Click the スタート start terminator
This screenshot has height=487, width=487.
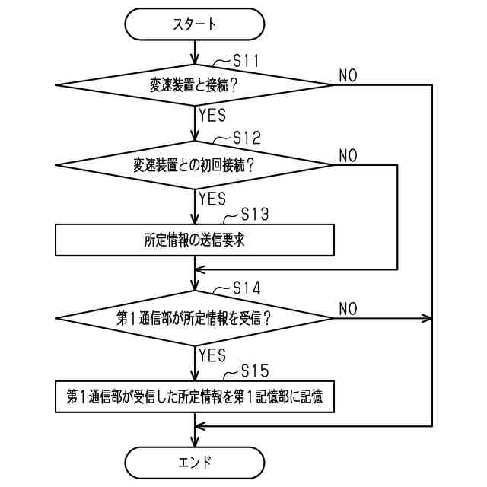pos(195,24)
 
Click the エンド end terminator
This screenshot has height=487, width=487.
pos(195,463)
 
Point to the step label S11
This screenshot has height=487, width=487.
pos(246,61)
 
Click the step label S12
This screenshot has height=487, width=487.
pos(247,138)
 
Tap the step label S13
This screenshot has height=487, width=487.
pos(255,214)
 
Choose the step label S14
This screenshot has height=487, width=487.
pos(247,288)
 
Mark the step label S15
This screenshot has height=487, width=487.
pos(255,371)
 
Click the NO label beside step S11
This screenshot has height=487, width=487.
pos(349,75)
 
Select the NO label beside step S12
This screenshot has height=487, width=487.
pos(349,155)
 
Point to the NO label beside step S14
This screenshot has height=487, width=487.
pos(349,309)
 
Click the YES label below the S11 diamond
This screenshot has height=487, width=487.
pos(212,115)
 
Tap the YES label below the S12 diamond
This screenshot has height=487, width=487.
pos(212,199)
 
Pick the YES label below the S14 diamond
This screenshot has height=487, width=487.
pos(212,355)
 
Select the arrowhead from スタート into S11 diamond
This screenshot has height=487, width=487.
pos(195,59)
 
